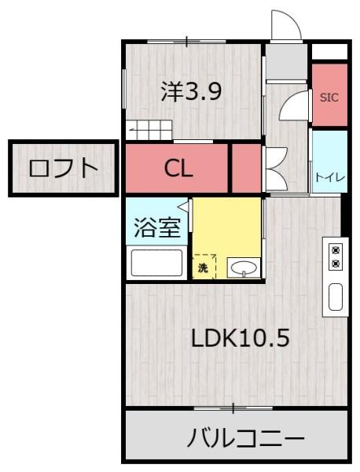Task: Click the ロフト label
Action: coord(62,168)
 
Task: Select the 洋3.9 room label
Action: coord(192,92)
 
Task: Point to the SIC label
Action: coord(329,98)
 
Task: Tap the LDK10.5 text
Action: coord(241,338)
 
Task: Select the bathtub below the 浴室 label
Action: coord(157,264)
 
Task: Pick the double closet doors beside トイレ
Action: coord(275,168)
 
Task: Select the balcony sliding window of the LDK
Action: coord(232,407)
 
